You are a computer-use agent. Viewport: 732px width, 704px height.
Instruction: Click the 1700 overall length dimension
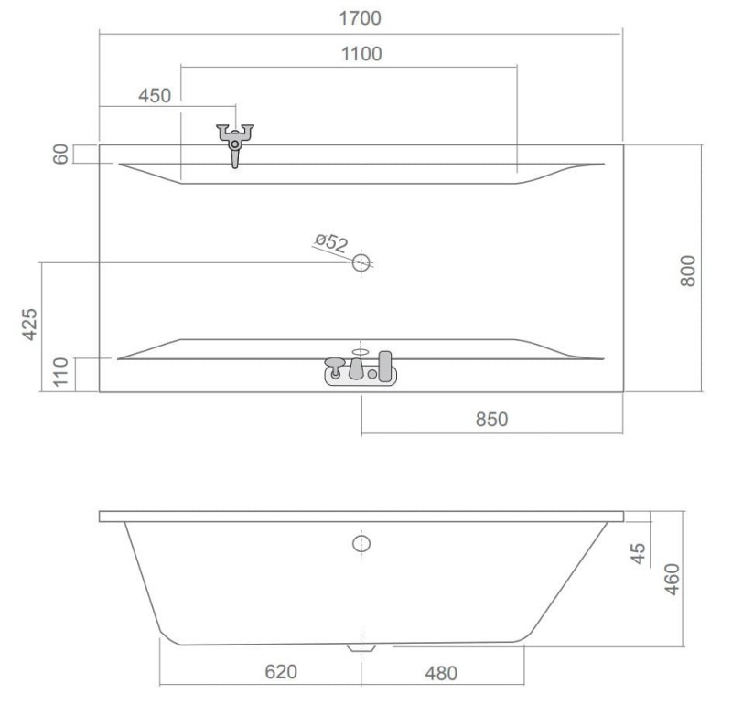click(360, 18)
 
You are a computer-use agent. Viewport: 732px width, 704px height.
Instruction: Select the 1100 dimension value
click(361, 54)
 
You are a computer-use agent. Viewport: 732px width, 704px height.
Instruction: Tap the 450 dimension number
click(155, 96)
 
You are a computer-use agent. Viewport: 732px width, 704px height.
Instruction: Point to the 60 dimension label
click(61, 154)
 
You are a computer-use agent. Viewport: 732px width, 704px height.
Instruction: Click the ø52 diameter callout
click(331, 242)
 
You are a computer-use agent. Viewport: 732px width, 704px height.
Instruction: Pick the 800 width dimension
click(688, 271)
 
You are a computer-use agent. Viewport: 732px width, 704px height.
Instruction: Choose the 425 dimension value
click(30, 325)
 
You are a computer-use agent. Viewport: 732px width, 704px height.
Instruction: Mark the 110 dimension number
click(60, 372)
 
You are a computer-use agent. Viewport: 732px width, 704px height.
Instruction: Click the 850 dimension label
click(491, 420)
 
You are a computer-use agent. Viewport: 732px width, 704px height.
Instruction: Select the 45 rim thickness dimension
click(638, 553)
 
